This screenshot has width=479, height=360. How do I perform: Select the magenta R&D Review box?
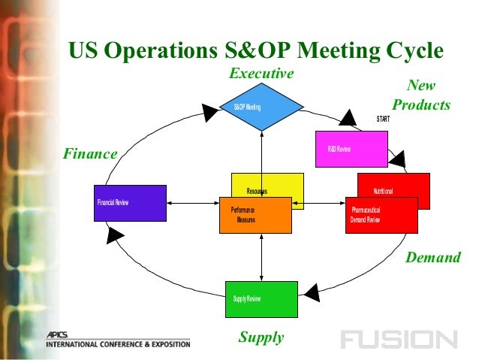351,149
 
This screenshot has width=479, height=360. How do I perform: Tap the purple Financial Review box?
130,203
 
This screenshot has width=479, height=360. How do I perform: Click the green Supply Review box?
261,299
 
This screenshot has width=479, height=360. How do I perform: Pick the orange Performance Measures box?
255,215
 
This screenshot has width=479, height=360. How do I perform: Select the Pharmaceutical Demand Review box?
381,216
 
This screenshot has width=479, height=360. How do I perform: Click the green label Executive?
261,74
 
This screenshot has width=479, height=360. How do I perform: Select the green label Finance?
89,154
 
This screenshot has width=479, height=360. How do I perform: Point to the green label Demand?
432,258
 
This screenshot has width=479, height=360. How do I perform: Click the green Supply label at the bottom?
261,337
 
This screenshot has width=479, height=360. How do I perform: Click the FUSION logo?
398,340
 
